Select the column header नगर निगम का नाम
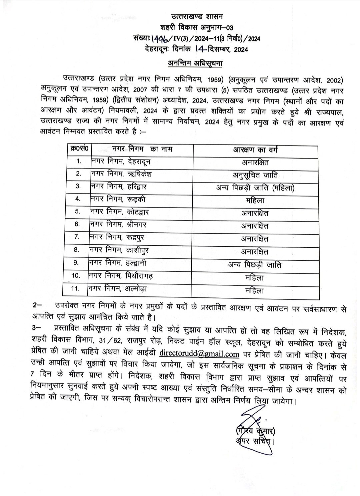143,149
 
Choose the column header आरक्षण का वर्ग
255,149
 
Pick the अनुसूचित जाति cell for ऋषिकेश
255,175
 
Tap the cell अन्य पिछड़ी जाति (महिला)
255,188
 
